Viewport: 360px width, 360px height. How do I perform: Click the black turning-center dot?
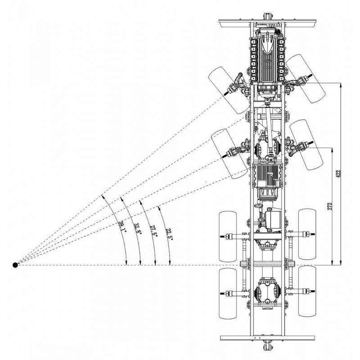(15, 265)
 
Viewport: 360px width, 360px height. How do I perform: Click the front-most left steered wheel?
(228, 90)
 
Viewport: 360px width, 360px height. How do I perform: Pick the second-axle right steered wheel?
(307, 144)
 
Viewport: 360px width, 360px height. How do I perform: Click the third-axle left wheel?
(228, 237)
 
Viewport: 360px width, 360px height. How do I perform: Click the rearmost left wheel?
(227, 294)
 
